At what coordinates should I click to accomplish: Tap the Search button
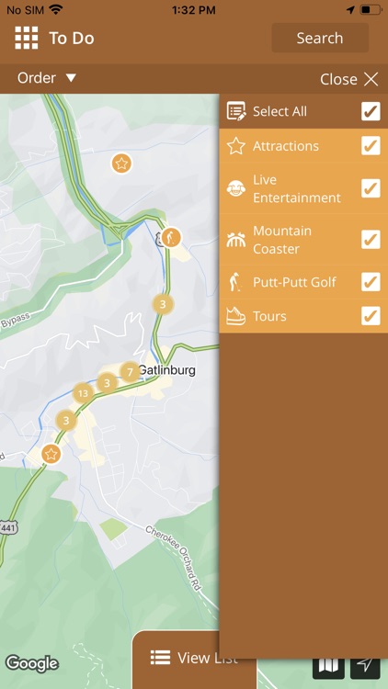pyautogui.click(x=319, y=39)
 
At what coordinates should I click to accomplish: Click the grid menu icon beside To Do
pyautogui.click(x=26, y=38)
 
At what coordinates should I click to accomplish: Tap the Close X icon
pyautogui.click(x=371, y=79)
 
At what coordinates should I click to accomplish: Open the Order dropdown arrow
pyautogui.click(x=71, y=78)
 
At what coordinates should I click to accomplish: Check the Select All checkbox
pyautogui.click(x=371, y=111)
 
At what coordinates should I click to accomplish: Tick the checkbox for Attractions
pyautogui.click(x=371, y=146)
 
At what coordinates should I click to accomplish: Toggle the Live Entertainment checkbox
pyautogui.click(x=371, y=188)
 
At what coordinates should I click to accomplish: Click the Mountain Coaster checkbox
pyautogui.click(x=371, y=240)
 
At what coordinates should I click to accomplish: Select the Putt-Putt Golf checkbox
pyautogui.click(x=371, y=282)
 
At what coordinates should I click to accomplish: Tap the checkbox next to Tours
pyautogui.click(x=371, y=316)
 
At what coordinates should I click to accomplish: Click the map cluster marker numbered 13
pyautogui.click(x=83, y=393)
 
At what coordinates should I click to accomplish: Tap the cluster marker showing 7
pyautogui.click(x=130, y=372)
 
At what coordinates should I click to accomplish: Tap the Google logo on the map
pyautogui.click(x=32, y=663)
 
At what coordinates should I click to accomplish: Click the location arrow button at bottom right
pyautogui.click(x=365, y=664)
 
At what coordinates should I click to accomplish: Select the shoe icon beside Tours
pyautogui.click(x=236, y=316)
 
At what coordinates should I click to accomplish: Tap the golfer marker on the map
pyautogui.click(x=170, y=238)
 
